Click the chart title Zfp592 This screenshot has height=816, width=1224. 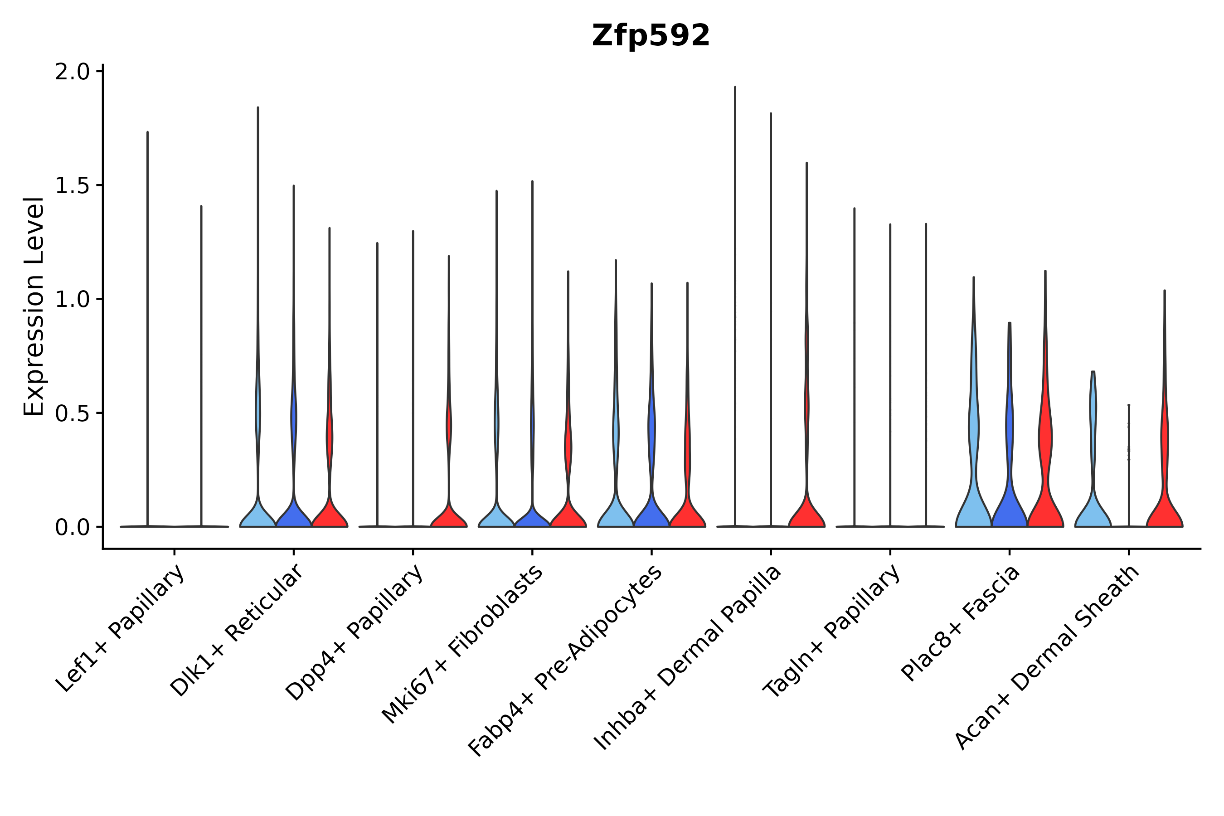tap(651, 36)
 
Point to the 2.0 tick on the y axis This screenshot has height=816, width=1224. tap(72, 72)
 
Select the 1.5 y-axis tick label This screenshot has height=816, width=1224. tap(72, 186)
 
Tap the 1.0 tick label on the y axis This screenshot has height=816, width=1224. tap(72, 299)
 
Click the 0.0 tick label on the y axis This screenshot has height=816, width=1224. tap(72, 527)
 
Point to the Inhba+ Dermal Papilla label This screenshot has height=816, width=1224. tap(688, 658)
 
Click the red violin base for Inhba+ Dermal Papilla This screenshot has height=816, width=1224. tap(806, 515)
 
